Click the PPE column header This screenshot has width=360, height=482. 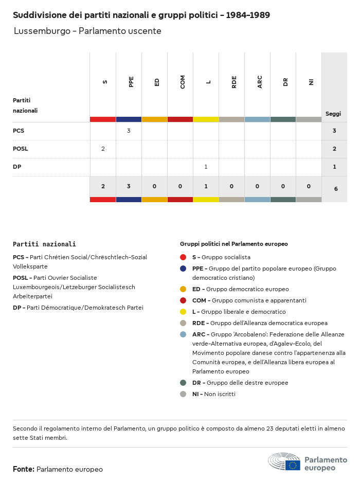click(x=131, y=82)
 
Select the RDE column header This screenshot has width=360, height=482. click(x=234, y=82)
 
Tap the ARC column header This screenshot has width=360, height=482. click(x=260, y=82)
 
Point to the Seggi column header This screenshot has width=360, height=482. click(x=333, y=114)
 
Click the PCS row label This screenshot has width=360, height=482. click(x=19, y=131)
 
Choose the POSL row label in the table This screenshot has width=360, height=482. click(x=21, y=149)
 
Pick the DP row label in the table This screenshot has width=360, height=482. click(x=17, y=167)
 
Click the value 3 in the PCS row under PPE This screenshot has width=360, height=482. click(x=129, y=131)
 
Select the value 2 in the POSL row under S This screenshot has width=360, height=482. click(x=103, y=149)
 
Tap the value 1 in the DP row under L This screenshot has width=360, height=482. click(x=206, y=167)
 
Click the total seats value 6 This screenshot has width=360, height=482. click(x=336, y=189)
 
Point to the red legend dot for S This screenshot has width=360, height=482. click(x=183, y=257)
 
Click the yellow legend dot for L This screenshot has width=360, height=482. click(x=183, y=312)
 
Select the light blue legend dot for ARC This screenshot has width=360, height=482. click(x=183, y=334)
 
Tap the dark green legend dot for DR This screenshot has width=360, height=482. click(x=183, y=383)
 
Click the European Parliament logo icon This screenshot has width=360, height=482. click(x=284, y=462)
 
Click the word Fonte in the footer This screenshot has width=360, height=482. click(x=23, y=469)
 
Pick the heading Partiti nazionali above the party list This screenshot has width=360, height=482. click(x=44, y=244)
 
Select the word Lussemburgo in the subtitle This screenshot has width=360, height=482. click(x=42, y=31)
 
